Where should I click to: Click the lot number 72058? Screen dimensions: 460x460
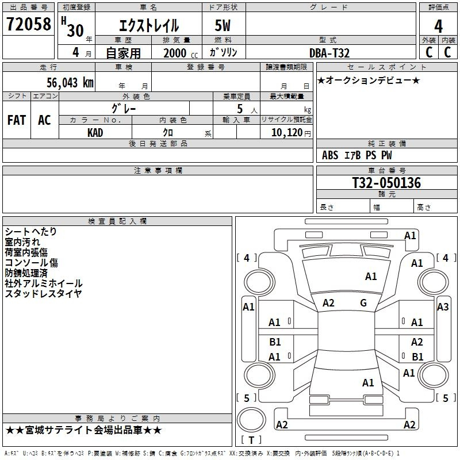(x=28, y=24)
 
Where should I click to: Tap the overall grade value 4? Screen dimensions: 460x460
(x=438, y=26)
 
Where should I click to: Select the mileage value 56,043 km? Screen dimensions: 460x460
(x=70, y=83)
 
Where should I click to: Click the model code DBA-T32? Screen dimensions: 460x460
(x=329, y=53)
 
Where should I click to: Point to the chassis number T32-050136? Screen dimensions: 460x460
(x=386, y=183)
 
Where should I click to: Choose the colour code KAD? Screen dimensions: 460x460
(x=95, y=133)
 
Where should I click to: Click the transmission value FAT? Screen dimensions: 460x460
(x=17, y=120)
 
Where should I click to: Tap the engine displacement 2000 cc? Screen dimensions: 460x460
(x=181, y=53)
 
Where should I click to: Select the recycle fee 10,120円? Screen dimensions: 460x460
(x=291, y=133)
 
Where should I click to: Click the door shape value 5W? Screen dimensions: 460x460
(x=223, y=25)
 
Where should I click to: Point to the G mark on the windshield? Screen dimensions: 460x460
(x=363, y=303)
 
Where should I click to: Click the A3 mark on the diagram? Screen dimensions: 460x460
(x=443, y=307)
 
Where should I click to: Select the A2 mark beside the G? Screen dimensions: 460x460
(x=328, y=303)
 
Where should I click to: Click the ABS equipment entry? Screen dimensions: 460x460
(x=330, y=155)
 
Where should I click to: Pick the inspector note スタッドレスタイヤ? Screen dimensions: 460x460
(x=44, y=294)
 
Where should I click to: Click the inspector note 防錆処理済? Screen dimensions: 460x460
(x=26, y=273)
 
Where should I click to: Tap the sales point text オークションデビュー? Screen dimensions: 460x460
(x=369, y=80)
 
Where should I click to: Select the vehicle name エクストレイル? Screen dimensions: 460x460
(x=149, y=25)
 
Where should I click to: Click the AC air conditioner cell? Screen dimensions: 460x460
(x=45, y=120)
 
